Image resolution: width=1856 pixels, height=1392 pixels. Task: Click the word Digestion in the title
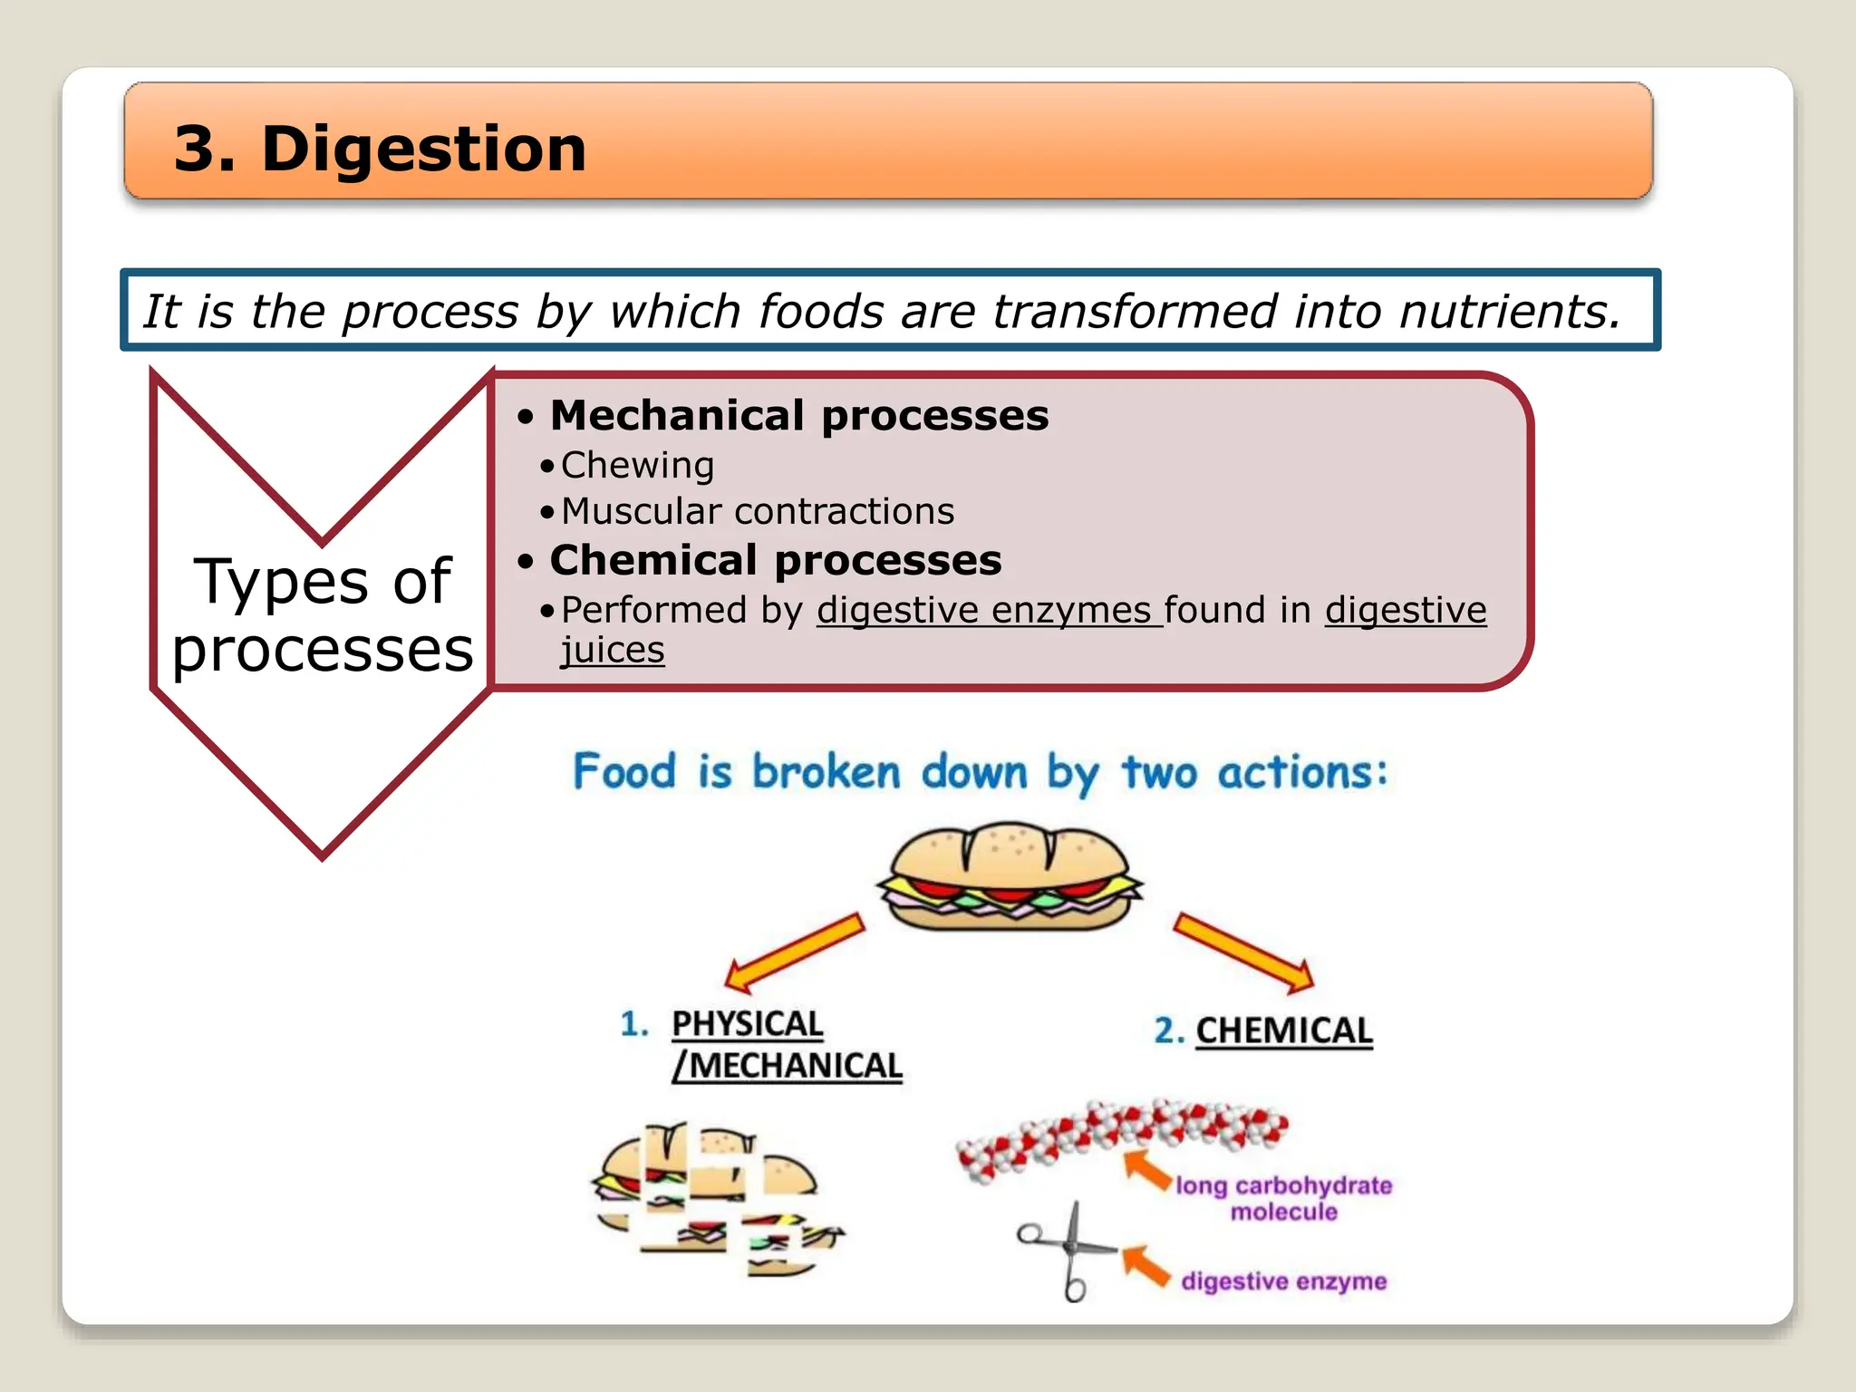coord(423,149)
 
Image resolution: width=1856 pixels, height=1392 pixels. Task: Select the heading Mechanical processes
coord(798,416)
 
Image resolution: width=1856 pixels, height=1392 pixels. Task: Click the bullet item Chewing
coord(637,466)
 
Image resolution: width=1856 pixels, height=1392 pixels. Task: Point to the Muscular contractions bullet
coord(757,512)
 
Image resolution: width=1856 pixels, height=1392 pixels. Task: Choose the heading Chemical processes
coord(775,561)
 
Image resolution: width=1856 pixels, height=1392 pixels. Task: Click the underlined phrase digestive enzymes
coord(988,611)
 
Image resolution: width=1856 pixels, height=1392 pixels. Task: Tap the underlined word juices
coord(613,651)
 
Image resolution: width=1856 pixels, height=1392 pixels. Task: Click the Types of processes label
coord(322,615)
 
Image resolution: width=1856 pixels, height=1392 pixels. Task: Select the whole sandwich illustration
coord(1009,876)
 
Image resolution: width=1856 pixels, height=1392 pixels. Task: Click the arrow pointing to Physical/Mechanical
coord(794,952)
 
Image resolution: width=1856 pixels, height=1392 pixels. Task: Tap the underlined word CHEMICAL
coord(1283,1031)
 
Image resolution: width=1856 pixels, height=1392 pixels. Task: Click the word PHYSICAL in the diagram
coord(747,1024)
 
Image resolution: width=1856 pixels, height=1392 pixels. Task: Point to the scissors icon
coord(1069,1251)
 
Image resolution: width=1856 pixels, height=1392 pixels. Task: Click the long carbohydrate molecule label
coord(1283,1198)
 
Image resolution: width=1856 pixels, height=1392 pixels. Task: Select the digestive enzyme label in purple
coord(1283,1281)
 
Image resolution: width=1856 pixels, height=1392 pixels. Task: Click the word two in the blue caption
coord(1159,773)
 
